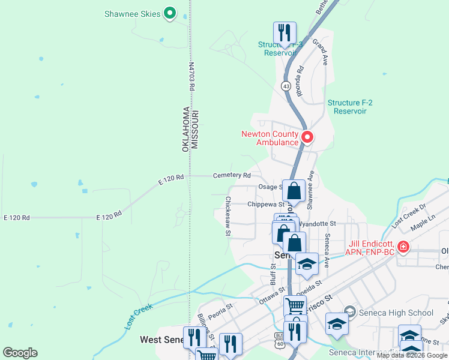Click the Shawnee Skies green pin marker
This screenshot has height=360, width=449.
click(x=170, y=13)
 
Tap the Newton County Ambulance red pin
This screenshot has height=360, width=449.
click(x=307, y=137)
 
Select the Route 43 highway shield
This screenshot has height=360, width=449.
click(x=286, y=86)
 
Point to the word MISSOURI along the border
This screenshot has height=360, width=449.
click(x=195, y=130)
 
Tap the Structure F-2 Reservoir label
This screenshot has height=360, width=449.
click(x=350, y=107)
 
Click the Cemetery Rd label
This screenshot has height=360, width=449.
click(x=232, y=175)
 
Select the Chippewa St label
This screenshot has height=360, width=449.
click(x=265, y=204)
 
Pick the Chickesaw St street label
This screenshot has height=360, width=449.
click(x=228, y=216)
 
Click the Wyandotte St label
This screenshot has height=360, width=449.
click(x=319, y=223)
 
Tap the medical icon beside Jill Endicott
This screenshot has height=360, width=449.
click(x=403, y=246)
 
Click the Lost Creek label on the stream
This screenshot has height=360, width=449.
click(x=139, y=316)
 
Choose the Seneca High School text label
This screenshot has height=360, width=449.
click(x=396, y=313)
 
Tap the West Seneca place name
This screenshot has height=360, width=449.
click(x=161, y=340)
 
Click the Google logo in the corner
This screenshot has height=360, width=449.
click(x=20, y=352)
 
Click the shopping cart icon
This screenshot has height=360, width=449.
click(x=295, y=305)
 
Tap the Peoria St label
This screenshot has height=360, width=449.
click(x=220, y=314)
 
